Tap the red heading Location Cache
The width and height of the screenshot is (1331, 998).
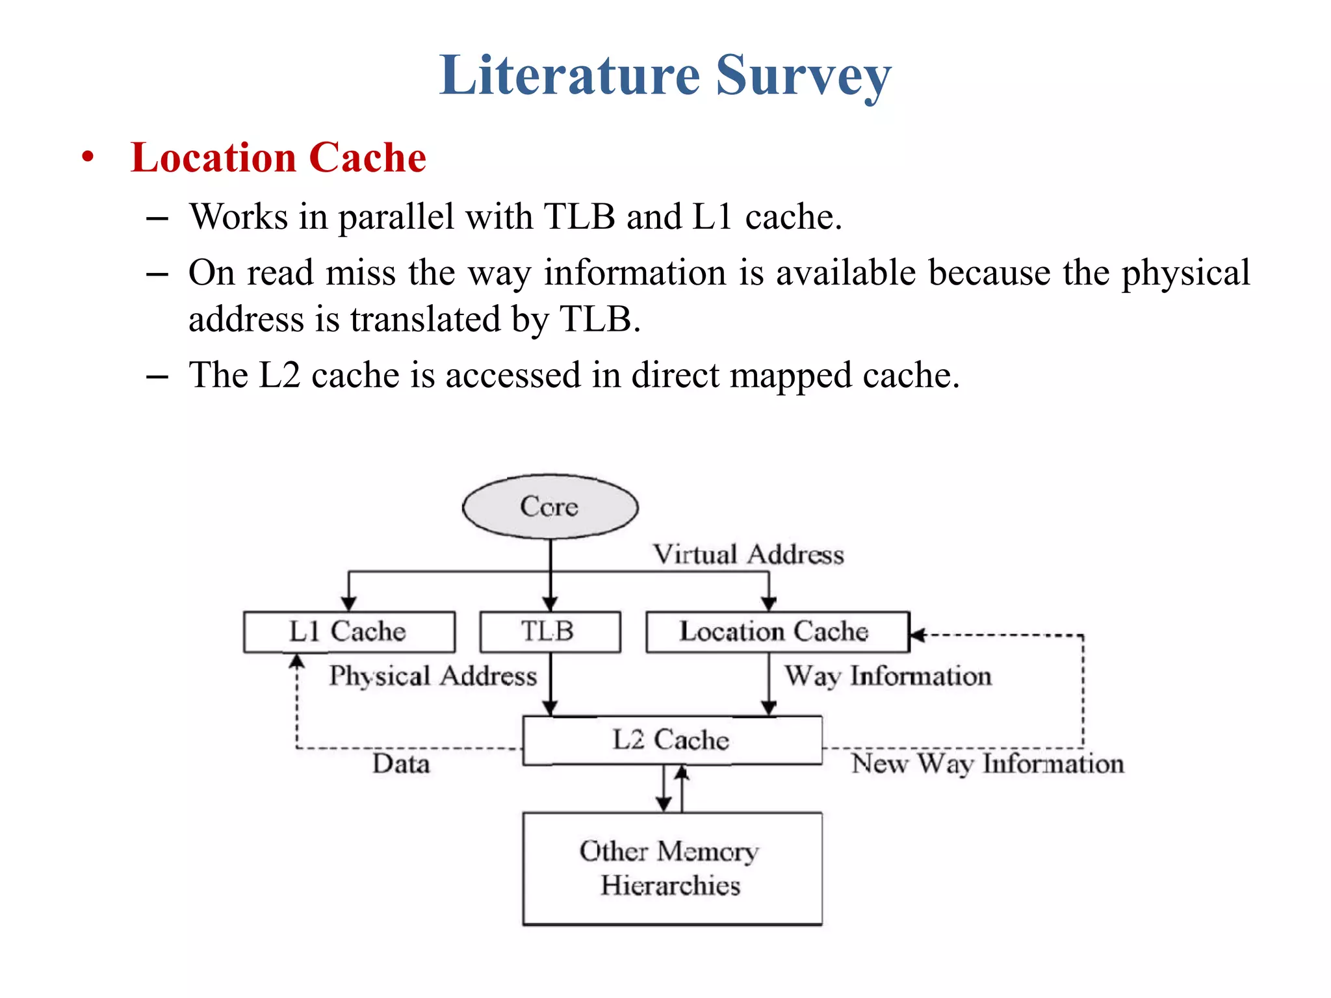pyautogui.click(x=278, y=158)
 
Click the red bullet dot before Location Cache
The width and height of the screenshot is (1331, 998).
pyautogui.click(x=88, y=157)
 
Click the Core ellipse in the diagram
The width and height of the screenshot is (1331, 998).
pyautogui.click(x=550, y=506)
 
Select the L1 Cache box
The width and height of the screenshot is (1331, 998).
pyautogui.click(x=349, y=632)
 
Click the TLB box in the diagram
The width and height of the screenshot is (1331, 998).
pyautogui.click(x=549, y=632)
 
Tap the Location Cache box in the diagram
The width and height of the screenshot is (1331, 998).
pyautogui.click(x=777, y=632)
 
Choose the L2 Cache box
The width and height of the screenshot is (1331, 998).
pyautogui.click(x=671, y=740)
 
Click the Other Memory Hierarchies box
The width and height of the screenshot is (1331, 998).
pyautogui.click(x=671, y=868)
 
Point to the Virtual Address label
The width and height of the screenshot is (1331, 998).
pyautogui.click(x=748, y=554)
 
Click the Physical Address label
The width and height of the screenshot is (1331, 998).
pyautogui.click(x=433, y=676)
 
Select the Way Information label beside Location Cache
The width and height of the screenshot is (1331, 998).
pyautogui.click(x=888, y=676)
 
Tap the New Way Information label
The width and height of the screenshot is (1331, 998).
pyautogui.click(x=987, y=763)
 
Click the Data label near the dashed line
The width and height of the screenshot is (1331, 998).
pyautogui.click(x=401, y=763)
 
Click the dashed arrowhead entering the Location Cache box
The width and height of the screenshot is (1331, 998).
pyautogui.click(x=917, y=635)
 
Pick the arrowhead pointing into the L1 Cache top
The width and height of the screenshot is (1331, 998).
pyautogui.click(x=349, y=603)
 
